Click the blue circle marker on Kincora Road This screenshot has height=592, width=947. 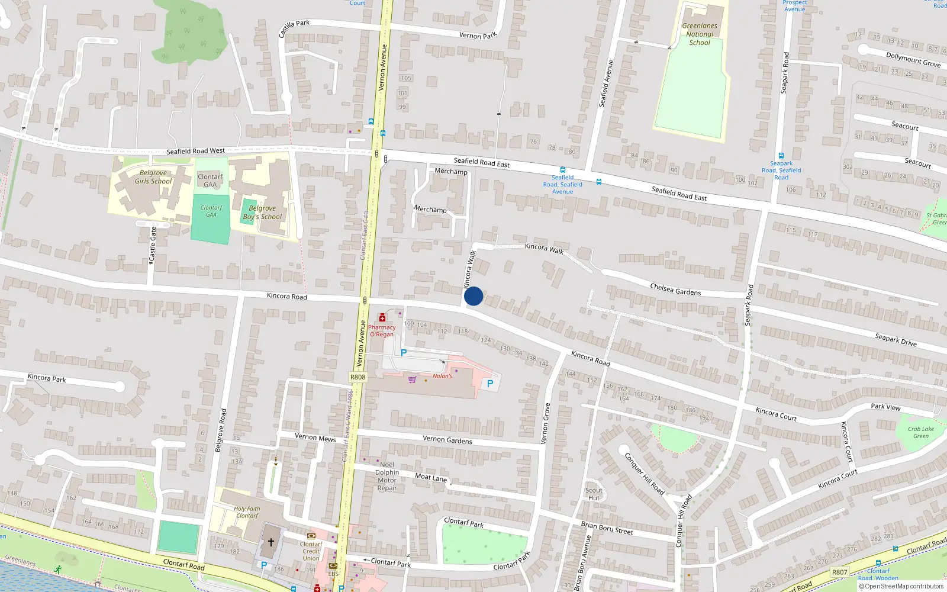474,296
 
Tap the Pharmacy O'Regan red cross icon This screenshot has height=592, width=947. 382,318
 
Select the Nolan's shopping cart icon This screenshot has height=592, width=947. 412,379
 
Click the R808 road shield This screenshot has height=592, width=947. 357,377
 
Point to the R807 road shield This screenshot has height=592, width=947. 839,572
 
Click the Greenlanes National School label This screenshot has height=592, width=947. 700,34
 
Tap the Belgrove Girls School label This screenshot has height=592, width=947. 153,177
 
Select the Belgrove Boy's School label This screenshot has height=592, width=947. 262,213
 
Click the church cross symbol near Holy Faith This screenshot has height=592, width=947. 271,542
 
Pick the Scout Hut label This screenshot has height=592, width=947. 594,494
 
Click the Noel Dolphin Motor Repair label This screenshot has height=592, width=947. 387,477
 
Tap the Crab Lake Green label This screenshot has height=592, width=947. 921,433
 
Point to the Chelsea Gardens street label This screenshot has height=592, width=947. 675,289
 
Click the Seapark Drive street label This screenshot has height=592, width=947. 896,339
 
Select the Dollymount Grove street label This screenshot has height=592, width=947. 913,60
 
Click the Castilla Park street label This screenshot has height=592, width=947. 294,27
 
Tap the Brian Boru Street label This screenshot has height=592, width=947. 607,528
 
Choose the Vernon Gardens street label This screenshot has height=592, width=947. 447,440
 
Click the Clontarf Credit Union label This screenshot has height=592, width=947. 311,551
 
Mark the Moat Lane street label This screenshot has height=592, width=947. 431,477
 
